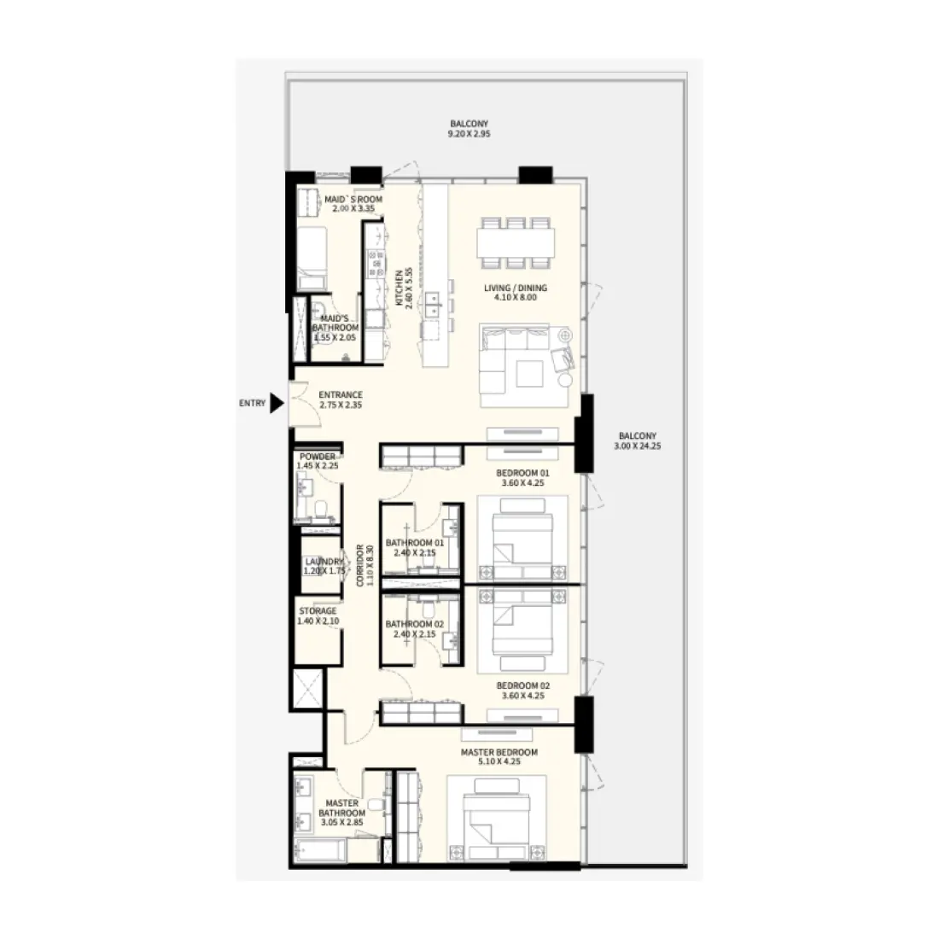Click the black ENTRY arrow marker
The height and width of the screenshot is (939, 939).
tap(277, 404)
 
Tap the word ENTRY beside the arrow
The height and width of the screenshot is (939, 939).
tap(252, 404)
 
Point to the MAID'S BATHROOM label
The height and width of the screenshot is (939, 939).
tap(335, 327)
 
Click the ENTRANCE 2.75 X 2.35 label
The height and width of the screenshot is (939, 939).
tap(341, 400)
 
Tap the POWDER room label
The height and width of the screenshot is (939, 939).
tap(317, 461)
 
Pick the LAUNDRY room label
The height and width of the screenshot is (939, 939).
tap(324, 565)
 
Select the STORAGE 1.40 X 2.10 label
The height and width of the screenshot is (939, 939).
tap(318, 615)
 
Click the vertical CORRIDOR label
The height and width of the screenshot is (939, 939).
tap(365, 564)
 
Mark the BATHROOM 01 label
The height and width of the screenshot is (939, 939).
tap(415, 547)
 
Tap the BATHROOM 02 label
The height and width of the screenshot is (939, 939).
tap(415, 628)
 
